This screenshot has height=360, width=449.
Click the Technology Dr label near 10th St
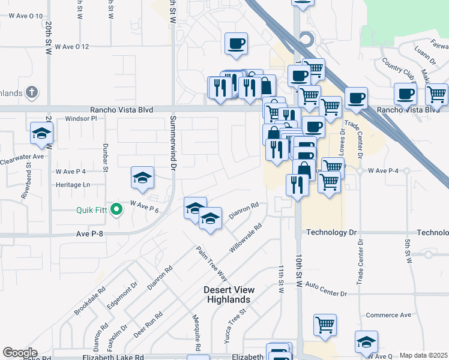pos(331,232)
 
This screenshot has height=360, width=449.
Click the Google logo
pos(20,353)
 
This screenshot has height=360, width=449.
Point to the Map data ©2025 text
pos(423,355)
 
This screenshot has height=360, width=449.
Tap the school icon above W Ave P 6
pos(142,178)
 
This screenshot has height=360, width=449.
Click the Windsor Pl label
pos(81,119)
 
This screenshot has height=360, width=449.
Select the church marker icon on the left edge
pos(32,93)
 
